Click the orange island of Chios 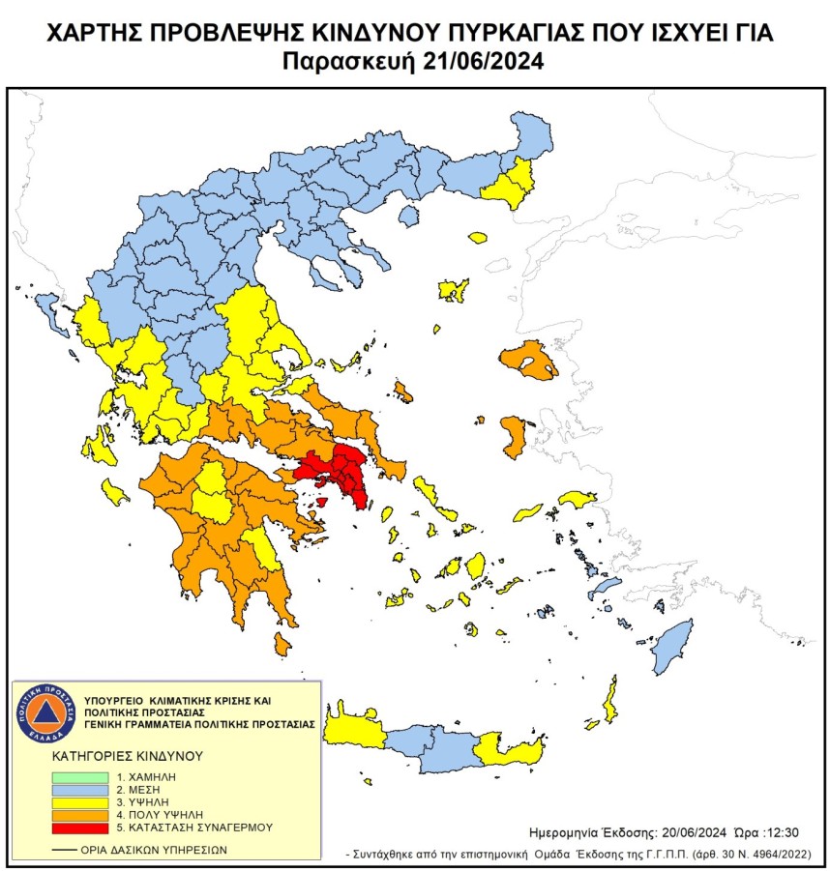[x=514, y=437]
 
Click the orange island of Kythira [x=282, y=644]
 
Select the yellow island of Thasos [x=477, y=237]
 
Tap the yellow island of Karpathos [x=610, y=701]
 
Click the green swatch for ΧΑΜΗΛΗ [x=78, y=776]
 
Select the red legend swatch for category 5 [x=78, y=828]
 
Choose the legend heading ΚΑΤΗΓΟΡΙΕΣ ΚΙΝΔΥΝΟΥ [x=113, y=755]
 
